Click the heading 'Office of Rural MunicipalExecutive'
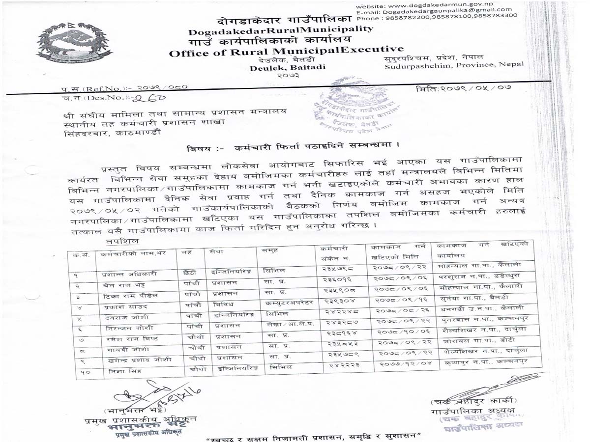click(286, 51)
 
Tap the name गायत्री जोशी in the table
click(118, 349)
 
